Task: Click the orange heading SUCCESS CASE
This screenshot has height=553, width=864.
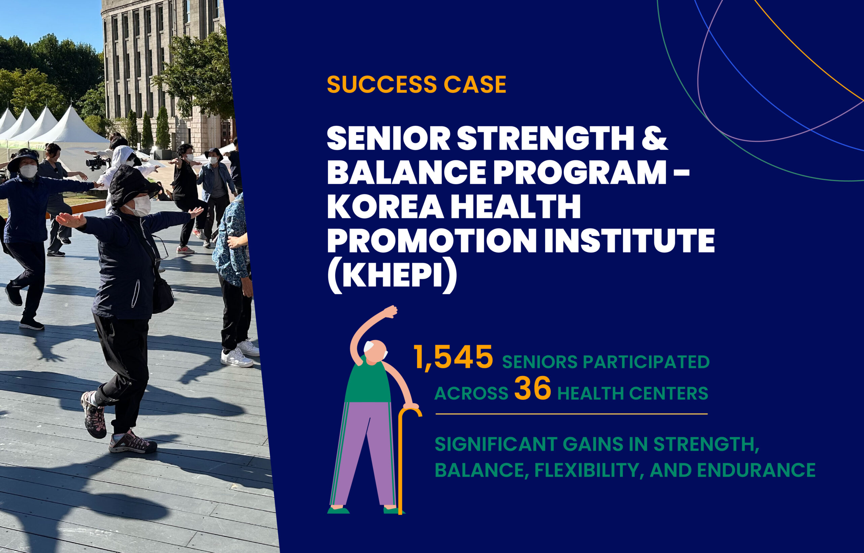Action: click(x=416, y=85)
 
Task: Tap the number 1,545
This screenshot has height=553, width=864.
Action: click(x=453, y=357)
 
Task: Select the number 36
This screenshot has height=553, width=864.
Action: click(x=533, y=389)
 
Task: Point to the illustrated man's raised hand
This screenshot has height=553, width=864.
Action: click(x=391, y=312)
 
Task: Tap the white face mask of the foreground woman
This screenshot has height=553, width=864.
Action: click(x=141, y=206)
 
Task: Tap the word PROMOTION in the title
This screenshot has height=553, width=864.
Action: click(x=430, y=241)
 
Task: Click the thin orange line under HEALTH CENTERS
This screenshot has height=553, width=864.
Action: click(x=571, y=414)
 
